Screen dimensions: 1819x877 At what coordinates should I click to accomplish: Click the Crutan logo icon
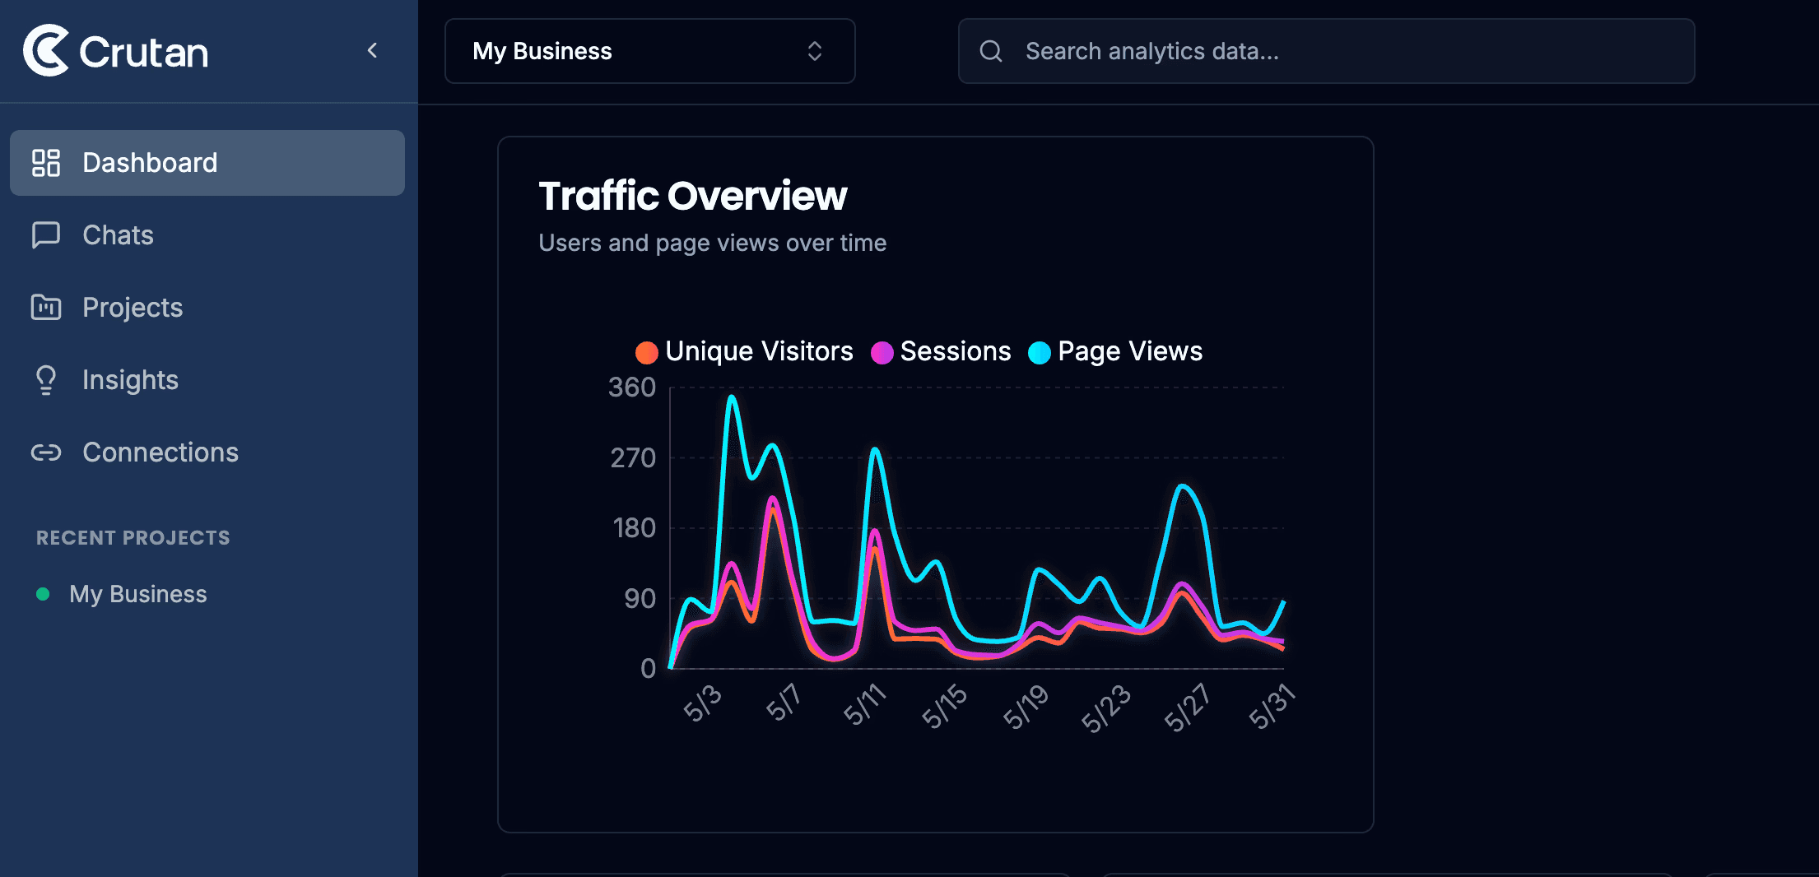click(46, 50)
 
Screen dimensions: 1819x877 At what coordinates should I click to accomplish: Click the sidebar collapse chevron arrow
click(372, 51)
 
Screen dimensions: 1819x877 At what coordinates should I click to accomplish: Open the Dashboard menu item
click(207, 163)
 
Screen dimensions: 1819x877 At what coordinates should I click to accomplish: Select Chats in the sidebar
click(118, 235)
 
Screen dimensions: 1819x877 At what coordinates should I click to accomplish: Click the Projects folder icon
click(46, 307)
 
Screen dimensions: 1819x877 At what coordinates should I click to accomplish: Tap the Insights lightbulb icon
click(46, 379)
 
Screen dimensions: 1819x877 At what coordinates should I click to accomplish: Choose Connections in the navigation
click(160, 452)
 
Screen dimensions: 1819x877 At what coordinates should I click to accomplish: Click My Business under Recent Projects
click(137, 594)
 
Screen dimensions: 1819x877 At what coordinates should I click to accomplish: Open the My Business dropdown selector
click(650, 51)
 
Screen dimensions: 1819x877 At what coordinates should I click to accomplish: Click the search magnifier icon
click(991, 51)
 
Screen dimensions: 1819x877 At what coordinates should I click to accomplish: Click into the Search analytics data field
click(1327, 51)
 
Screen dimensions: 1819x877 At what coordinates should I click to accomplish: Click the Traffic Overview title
click(693, 196)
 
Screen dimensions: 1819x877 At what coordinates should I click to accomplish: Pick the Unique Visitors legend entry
click(745, 351)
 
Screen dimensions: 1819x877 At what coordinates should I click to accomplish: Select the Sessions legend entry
click(941, 351)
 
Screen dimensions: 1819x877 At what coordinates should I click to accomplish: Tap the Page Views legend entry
click(1115, 351)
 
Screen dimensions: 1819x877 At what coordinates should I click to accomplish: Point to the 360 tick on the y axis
click(632, 387)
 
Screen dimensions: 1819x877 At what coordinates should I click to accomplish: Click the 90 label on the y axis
click(640, 599)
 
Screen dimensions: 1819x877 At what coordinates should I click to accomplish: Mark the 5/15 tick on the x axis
click(944, 706)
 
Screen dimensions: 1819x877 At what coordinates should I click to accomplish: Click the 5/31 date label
click(1272, 706)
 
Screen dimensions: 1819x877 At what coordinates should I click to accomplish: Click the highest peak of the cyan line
click(731, 397)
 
